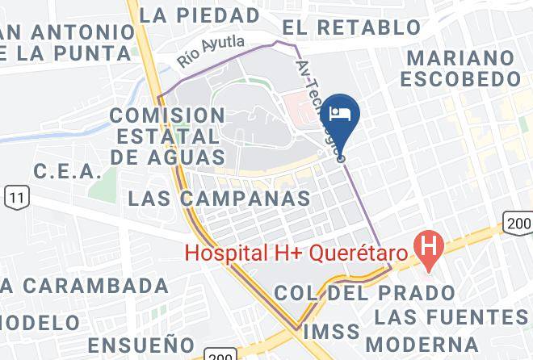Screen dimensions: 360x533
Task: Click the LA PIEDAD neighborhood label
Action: click(199, 15)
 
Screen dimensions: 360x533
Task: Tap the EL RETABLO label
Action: click(351, 27)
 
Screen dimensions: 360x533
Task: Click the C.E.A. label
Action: click(67, 172)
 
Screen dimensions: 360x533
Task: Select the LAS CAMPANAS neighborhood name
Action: click(220, 199)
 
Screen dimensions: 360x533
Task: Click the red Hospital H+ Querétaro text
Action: click(294, 252)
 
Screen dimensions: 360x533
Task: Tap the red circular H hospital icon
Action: click(427, 245)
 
